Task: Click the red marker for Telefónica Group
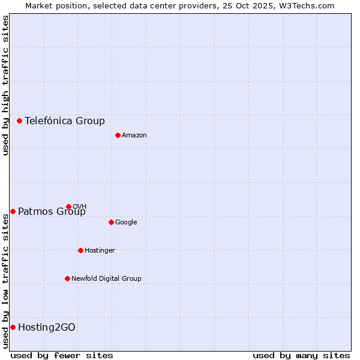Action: (x=19, y=121)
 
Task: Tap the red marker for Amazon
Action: (x=118, y=135)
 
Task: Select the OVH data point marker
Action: (x=68, y=206)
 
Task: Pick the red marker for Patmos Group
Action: (x=13, y=211)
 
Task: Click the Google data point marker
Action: (x=111, y=222)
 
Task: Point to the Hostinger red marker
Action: (x=80, y=250)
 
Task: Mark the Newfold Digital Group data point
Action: (x=67, y=278)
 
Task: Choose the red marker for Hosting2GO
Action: (x=13, y=327)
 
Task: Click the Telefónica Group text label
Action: (x=65, y=121)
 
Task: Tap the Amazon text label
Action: (x=134, y=136)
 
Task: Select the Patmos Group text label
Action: (x=52, y=211)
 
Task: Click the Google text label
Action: (x=126, y=223)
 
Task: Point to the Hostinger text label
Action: (x=100, y=251)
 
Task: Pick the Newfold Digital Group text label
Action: (x=106, y=279)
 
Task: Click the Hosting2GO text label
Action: (x=47, y=327)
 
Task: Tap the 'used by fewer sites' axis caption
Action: (x=62, y=355)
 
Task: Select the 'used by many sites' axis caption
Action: (x=301, y=355)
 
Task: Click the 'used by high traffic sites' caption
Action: (x=6, y=85)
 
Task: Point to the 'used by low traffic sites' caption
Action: (x=6, y=281)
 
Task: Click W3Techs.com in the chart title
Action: (x=309, y=5)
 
